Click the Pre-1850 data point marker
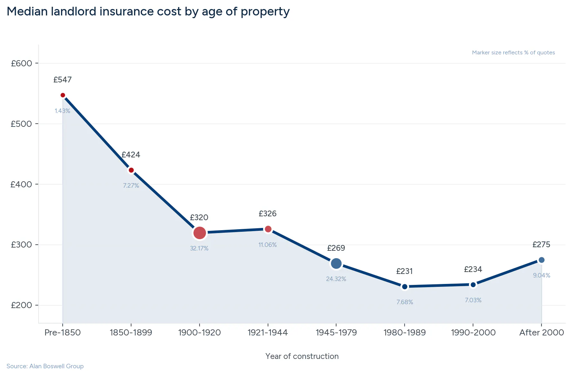point(63,95)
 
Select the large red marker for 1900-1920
point(200,233)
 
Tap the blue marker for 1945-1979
point(336,264)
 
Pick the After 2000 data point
point(541,260)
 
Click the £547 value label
point(62,80)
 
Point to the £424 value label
point(131,155)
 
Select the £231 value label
point(404,271)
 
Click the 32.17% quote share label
point(199,249)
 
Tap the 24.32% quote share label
point(336,279)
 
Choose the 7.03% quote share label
point(473,300)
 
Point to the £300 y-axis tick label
point(22,245)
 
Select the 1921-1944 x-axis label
point(268,333)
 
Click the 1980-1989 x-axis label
point(405,333)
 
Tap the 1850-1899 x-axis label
point(131,333)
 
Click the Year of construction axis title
point(302,356)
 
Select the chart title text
point(148,12)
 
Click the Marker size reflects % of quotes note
point(513,53)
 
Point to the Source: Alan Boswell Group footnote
point(45,366)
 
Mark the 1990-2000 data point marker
point(473,285)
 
